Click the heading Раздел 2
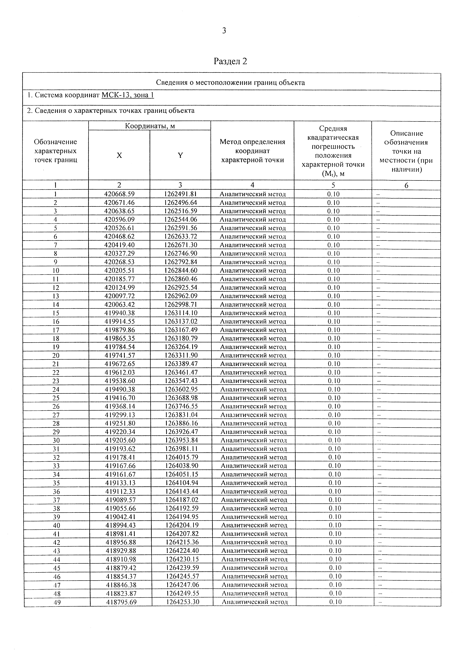(x=230, y=61)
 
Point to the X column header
(x=119, y=155)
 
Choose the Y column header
(x=180, y=155)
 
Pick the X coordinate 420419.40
(x=119, y=245)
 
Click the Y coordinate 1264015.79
(x=182, y=457)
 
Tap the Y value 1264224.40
(x=182, y=551)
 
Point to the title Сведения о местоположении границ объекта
(x=230, y=83)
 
